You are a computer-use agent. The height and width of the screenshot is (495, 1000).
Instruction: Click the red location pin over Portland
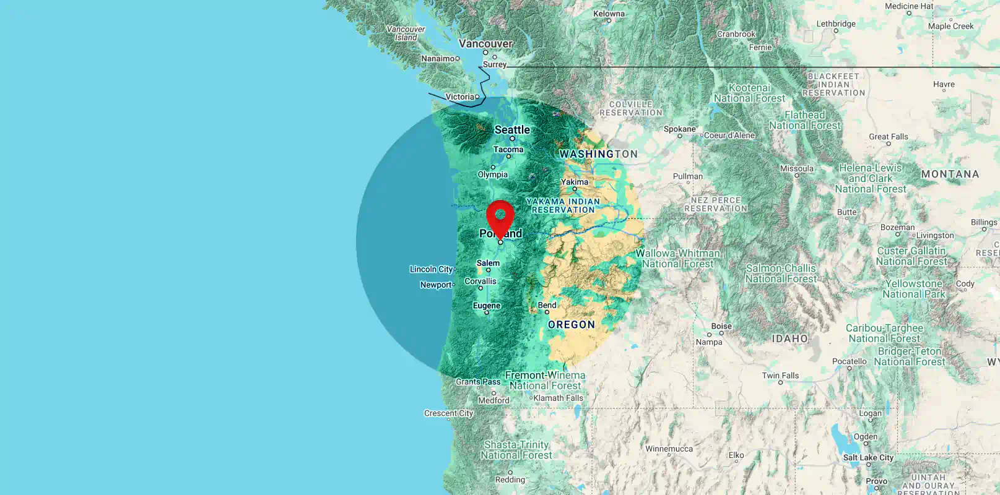point(500,217)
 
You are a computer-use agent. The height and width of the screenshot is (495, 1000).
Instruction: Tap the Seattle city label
point(512,130)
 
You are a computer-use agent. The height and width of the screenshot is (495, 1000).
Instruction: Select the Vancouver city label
point(485,44)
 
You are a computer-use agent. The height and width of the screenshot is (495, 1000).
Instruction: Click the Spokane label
point(679,129)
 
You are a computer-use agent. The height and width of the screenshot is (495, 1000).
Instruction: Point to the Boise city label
point(721,326)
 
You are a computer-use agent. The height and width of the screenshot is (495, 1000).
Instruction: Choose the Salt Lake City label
point(868,458)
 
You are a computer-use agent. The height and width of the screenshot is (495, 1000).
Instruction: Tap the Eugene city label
point(486,306)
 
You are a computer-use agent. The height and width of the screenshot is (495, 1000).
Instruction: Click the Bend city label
point(547,305)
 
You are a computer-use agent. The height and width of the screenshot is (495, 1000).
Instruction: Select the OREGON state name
point(571,325)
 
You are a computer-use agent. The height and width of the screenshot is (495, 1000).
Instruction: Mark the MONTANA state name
point(950,174)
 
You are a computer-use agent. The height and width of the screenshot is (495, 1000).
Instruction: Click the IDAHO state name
point(789,339)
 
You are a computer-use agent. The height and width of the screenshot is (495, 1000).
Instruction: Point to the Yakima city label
point(575,182)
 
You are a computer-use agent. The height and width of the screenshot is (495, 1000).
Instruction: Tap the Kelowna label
point(609,14)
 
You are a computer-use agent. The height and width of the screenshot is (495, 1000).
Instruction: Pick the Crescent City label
point(448,413)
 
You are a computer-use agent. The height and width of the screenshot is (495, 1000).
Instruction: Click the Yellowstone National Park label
point(914,289)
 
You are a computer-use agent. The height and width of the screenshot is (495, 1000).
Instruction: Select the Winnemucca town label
point(669,449)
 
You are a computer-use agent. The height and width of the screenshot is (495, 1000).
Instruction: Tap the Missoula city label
point(797,168)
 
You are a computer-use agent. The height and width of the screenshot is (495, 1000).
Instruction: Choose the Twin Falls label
point(780,376)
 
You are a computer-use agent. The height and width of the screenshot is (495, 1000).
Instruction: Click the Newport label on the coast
point(436,285)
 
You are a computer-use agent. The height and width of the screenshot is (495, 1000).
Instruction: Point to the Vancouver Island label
point(406,33)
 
